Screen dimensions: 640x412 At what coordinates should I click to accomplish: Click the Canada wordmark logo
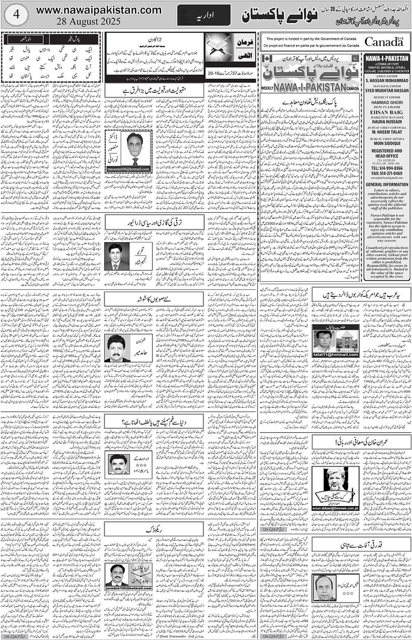(384, 42)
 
